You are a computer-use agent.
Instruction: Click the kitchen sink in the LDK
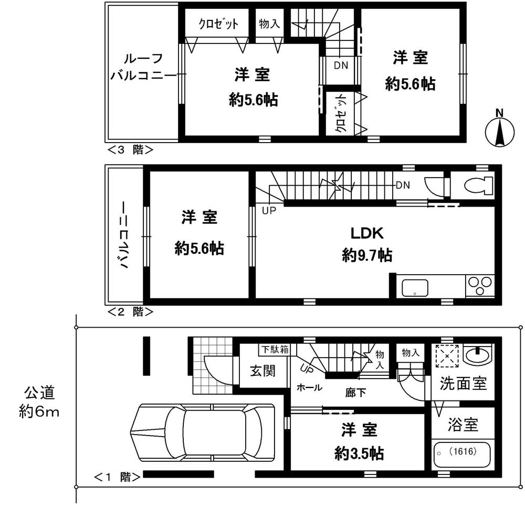pos(415,288)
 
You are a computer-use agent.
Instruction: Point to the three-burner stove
pos(479,286)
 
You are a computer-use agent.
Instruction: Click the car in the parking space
pos(203,434)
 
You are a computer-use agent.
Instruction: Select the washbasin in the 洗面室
pos(478,356)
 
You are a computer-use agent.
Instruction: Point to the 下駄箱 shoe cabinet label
pos(275,349)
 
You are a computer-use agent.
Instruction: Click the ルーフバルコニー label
pos(143,67)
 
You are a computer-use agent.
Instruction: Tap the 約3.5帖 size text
pos(359,453)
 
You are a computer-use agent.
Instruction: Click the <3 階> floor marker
pos(130,149)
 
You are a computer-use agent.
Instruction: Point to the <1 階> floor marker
pos(117,477)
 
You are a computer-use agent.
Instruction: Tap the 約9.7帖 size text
pos(366,255)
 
